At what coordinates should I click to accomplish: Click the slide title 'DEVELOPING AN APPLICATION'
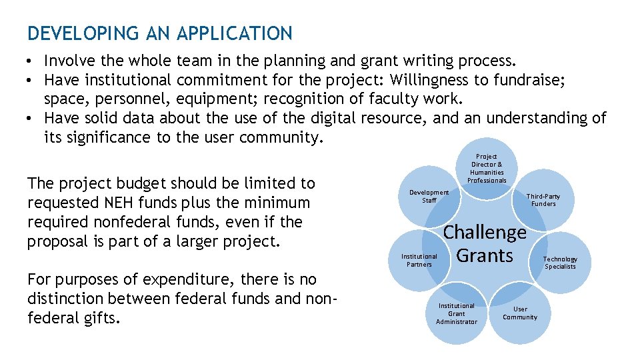pos(160,33)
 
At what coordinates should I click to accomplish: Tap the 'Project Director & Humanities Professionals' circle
pos(487,168)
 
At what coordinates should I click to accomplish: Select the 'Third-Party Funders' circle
pos(543,200)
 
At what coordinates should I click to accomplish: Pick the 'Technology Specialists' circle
pos(560,263)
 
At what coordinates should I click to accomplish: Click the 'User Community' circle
pos(520,313)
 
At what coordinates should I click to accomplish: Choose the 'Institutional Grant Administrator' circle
pos(457,313)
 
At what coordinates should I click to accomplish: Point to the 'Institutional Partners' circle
pos(419,260)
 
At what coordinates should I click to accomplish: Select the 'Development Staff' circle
pos(429,196)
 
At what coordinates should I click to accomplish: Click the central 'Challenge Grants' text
pos(485,244)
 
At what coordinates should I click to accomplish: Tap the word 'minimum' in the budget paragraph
pos(278,203)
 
